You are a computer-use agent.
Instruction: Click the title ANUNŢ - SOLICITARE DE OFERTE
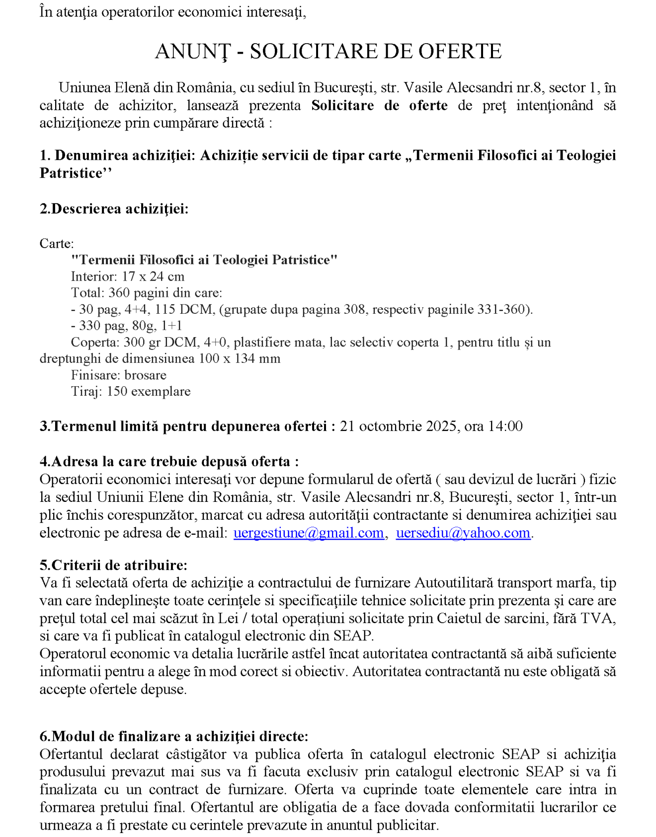[x=328, y=52]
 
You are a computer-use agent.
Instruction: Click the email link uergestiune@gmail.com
[x=309, y=533]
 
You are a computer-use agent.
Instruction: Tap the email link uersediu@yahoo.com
[x=463, y=533]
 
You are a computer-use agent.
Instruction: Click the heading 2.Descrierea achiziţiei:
[x=114, y=209]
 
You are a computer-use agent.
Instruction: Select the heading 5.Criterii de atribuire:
[x=113, y=565]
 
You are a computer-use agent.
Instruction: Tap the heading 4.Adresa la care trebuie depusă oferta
[x=169, y=461]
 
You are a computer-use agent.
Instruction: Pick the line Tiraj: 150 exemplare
[x=131, y=391]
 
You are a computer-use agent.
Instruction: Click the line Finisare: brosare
[x=118, y=375]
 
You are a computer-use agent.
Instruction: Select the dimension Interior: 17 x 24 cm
[x=128, y=277]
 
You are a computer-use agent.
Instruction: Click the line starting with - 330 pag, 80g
[x=127, y=326]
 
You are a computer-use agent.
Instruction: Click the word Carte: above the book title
[x=57, y=244]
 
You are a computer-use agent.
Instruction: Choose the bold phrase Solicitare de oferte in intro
[x=379, y=105]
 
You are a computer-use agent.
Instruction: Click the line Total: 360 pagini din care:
[x=147, y=293]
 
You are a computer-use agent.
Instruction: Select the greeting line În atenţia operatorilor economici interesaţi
[x=172, y=12]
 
